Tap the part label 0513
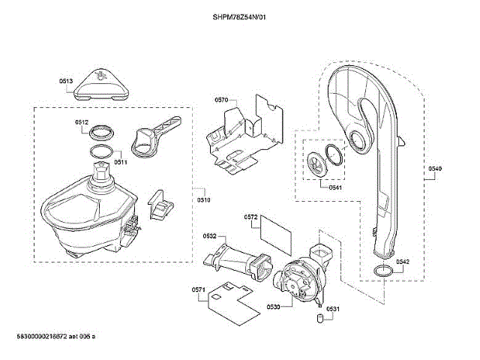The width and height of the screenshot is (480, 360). (66, 81)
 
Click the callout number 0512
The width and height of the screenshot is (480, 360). (82, 122)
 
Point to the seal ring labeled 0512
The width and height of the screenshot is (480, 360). (103, 133)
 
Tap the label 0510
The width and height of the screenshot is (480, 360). (204, 200)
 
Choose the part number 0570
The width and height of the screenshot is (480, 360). (221, 100)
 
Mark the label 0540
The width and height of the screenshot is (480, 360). (435, 169)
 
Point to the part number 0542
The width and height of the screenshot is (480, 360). (403, 262)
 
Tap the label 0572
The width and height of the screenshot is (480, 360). (251, 217)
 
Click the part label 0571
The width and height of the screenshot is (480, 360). (199, 289)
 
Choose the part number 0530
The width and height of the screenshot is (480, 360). (274, 307)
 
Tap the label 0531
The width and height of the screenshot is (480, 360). (333, 309)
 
